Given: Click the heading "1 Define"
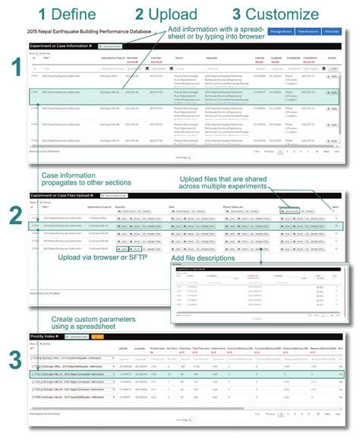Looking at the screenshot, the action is pyautogui.click(x=67, y=13).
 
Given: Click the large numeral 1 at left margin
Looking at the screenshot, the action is pyautogui.click(x=14, y=71).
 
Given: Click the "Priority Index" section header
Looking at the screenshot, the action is pyautogui.click(x=43, y=335).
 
